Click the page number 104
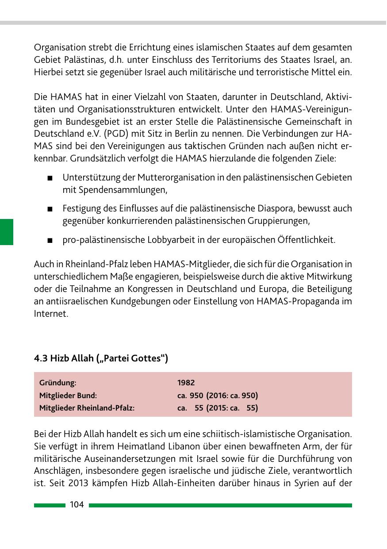point(77,505)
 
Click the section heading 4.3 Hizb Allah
point(101,358)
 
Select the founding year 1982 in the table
point(186,383)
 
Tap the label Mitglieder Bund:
point(68,395)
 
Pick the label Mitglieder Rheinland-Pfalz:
point(87,408)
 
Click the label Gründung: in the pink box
point(57,383)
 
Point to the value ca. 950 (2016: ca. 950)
point(217,395)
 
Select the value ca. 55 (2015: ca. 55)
point(217,408)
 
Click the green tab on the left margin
point(7,231)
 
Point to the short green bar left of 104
point(50,505)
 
